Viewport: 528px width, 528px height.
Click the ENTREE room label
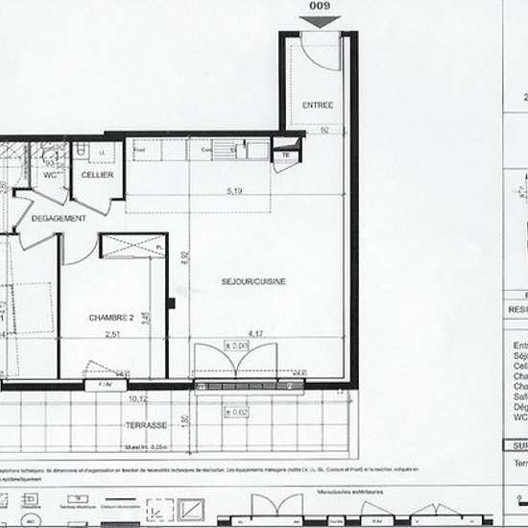pyautogui.click(x=318, y=104)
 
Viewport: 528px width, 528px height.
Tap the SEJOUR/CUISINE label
pyautogui.click(x=254, y=281)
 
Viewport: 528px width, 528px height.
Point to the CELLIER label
pyautogui.click(x=97, y=175)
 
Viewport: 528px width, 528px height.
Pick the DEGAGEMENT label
pyautogui.click(x=60, y=219)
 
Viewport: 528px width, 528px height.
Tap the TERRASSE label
pyautogui.click(x=146, y=424)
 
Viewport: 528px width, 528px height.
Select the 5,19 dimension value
pyautogui.click(x=235, y=192)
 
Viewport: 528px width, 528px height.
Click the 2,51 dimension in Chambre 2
pyautogui.click(x=113, y=334)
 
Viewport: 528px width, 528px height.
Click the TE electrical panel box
pyautogui.click(x=284, y=155)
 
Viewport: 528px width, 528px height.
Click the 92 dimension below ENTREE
pyautogui.click(x=325, y=129)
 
